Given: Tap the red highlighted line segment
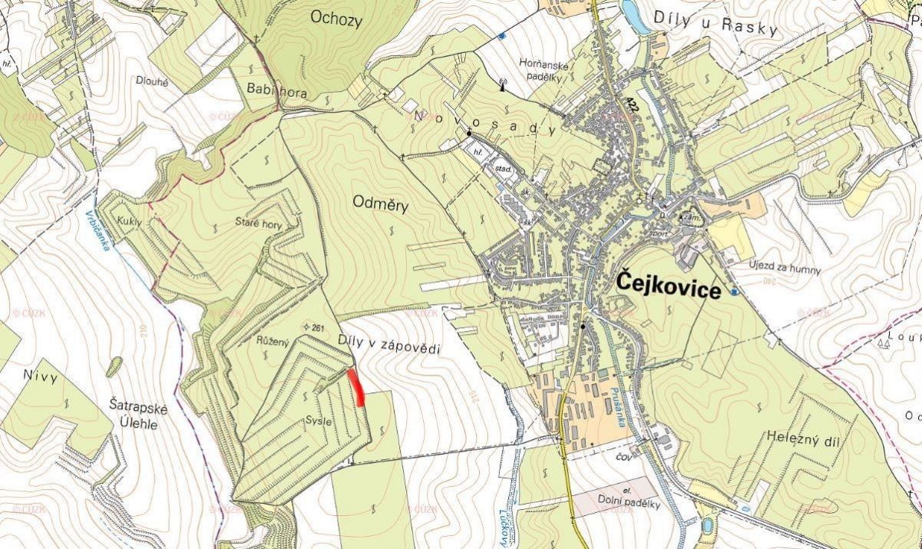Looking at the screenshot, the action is pyautogui.click(x=355, y=387).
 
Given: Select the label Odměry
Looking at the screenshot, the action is pyautogui.click(x=380, y=203).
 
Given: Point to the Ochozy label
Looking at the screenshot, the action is pyautogui.click(x=336, y=18).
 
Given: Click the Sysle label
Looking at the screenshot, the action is pyautogui.click(x=319, y=421).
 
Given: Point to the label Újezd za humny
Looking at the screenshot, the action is pyautogui.click(x=785, y=270).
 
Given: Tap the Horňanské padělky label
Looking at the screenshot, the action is pyautogui.click(x=543, y=71).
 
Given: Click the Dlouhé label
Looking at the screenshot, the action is pyautogui.click(x=152, y=80).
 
